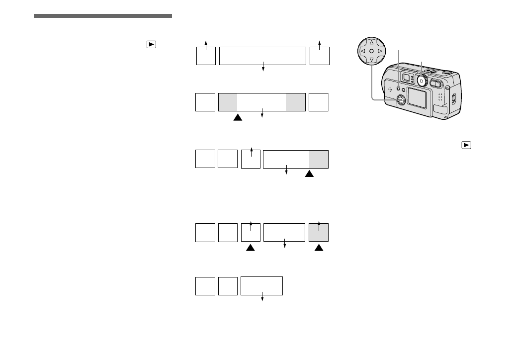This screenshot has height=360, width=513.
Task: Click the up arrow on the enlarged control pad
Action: (x=371, y=43)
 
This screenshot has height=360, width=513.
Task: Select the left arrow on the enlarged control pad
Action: (x=363, y=51)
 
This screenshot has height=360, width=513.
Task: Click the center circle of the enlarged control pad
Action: (x=371, y=51)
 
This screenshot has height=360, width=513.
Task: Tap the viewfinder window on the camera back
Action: (x=406, y=77)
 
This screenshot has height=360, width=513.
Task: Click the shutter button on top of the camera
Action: (x=446, y=72)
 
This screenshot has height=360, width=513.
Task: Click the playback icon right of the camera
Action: (x=466, y=145)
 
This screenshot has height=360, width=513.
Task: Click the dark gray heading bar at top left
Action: (x=103, y=16)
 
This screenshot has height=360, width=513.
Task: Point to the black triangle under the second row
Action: (x=238, y=118)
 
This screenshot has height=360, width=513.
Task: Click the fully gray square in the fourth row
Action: (x=319, y=233)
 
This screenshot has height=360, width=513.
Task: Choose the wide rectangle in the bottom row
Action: (x=261, y=286)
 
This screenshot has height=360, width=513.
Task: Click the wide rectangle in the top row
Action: (x=262, y=56)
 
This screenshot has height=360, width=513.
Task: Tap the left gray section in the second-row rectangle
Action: (x=228, y=102)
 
